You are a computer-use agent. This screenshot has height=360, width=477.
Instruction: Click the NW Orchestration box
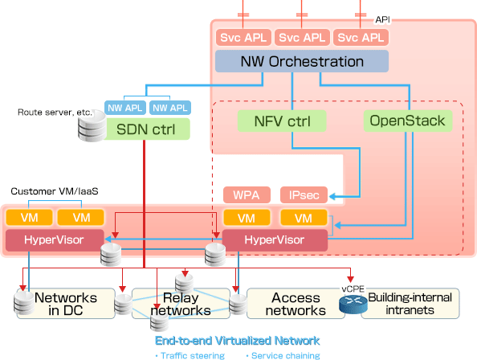(x=302, y=61)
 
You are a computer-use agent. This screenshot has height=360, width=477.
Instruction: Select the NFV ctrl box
(x=282, y=121)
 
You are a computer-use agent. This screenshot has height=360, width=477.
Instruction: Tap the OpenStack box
(x=408, y=121)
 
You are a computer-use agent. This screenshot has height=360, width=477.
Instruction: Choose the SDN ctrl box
(x=146, y=129)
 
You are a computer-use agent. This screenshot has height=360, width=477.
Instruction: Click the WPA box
(x=247, y=194)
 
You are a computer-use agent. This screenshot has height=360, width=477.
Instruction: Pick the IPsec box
(x=304, y=194)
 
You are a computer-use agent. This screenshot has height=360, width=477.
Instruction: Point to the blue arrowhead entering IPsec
(x=332, y=196)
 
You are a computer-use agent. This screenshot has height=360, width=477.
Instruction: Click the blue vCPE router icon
(x=353, y=305)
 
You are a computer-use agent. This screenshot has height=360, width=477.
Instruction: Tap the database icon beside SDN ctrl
(x=92, y=125)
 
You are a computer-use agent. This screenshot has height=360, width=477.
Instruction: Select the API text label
(x=382, y=20)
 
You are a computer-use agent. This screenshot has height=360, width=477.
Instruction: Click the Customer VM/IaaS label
(x=55, y=191)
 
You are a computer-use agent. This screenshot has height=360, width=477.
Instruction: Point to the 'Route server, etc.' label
(x=55, y=112)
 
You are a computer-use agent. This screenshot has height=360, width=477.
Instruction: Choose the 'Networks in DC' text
(x=66, y=304)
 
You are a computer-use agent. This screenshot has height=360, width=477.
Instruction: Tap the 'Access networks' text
(x=296, y=304)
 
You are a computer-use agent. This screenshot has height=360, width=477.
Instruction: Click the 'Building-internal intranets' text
(x=410, y=304)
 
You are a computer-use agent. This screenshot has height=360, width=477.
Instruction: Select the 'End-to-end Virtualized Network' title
(x=237, y=341)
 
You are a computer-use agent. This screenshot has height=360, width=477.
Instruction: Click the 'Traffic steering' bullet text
(x=190, y=355)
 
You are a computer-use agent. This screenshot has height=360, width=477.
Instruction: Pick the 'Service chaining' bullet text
(x=283, y=355)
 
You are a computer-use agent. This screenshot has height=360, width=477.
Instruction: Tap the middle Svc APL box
(x=302, y=38)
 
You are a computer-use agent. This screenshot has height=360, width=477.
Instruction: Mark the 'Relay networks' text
(x=181, y=304)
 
